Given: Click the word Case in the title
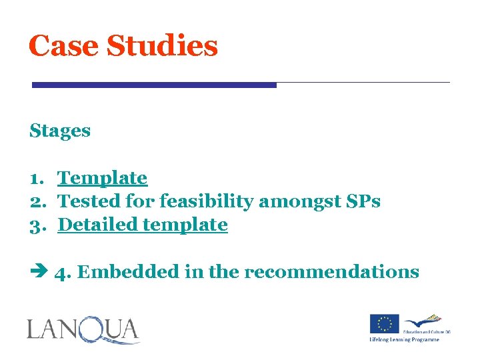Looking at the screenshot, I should (x=63, y=46).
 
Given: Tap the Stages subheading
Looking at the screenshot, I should (x=60, y=131).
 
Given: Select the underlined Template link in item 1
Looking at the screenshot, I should (x=103, y=178).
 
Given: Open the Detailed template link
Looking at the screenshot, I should (x=143, y=225).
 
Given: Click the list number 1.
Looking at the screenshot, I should (x=36, y=179).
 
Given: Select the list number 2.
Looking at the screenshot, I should (x=36, y=202).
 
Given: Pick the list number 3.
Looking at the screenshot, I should (x=36, y=225).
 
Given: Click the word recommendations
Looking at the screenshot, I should (x=331, y=272).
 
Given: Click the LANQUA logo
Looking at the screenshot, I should (x=83, y=331).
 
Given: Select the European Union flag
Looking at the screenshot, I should (x=385, y=325).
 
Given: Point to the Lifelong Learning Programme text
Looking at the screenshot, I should (x=405, y=340).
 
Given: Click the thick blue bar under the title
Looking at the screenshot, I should (x=154, y=85).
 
